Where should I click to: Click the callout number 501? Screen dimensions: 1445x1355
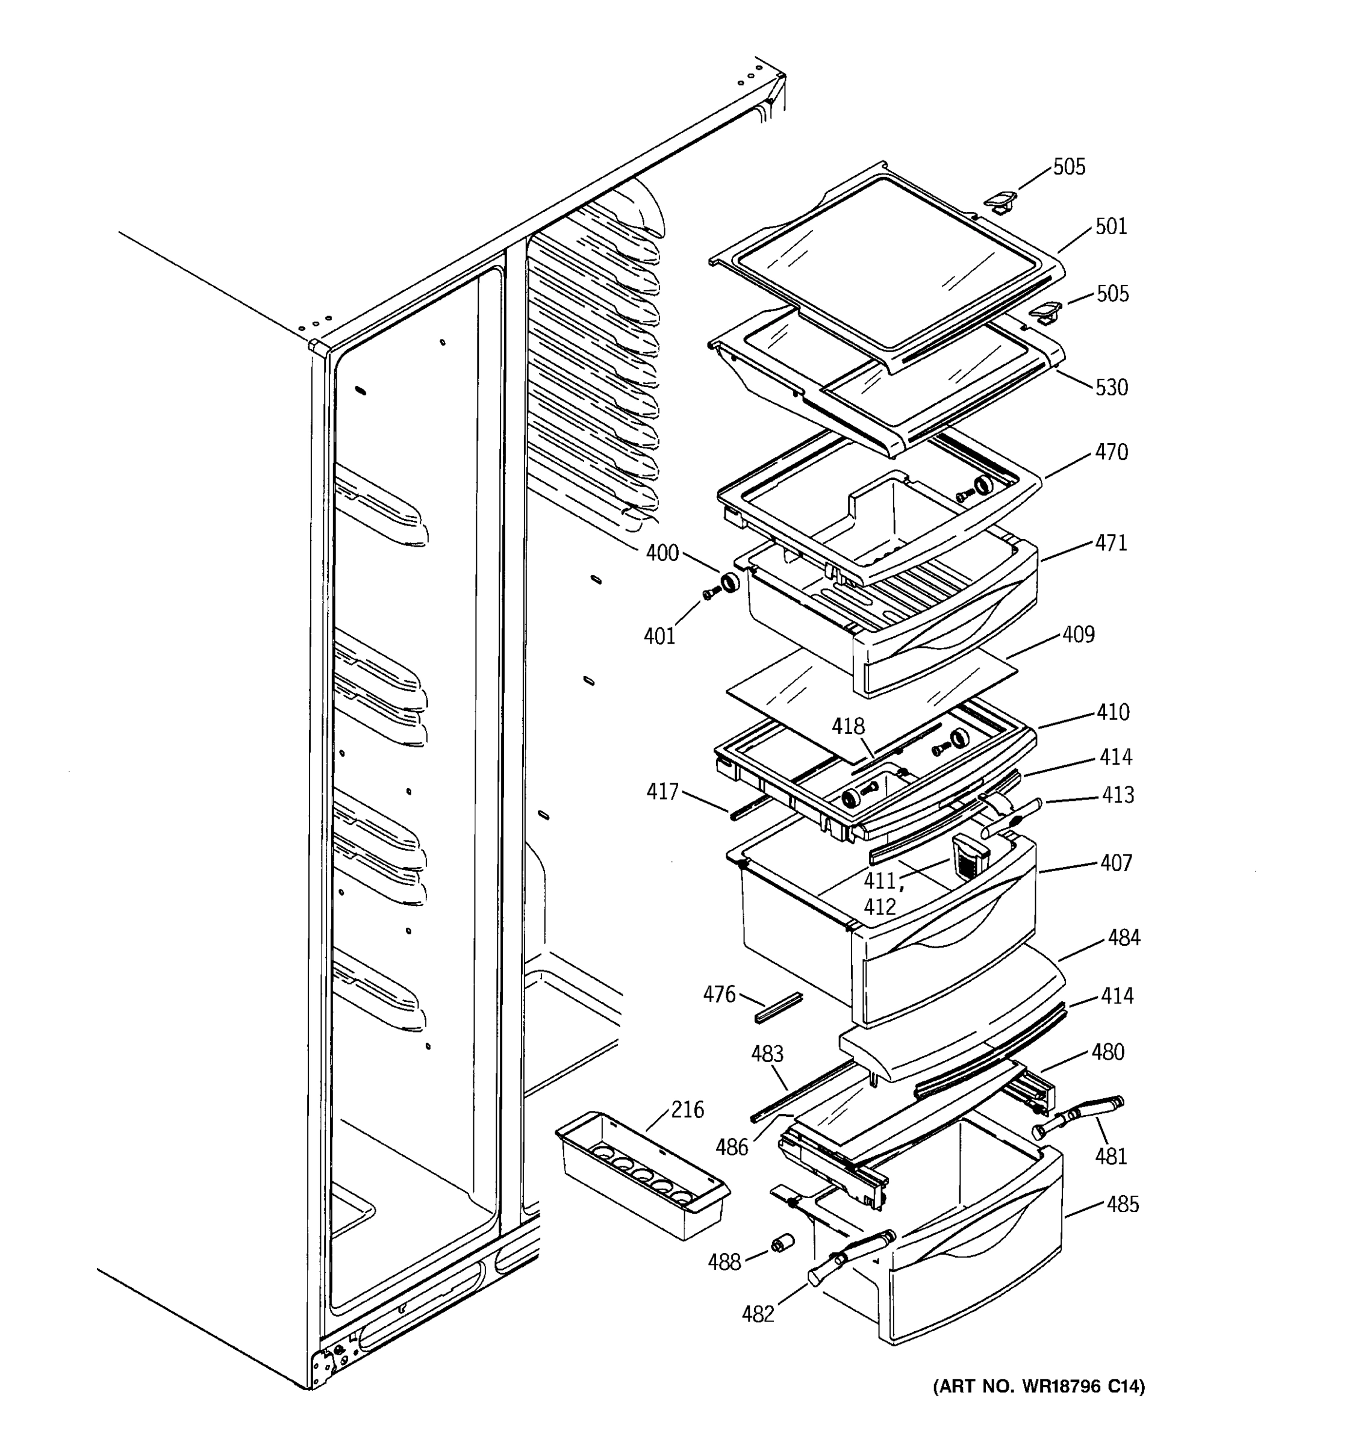tap(1110, 227)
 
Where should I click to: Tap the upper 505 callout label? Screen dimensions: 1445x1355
tap(1070, 167)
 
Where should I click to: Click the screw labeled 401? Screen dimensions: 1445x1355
tap(709, 594)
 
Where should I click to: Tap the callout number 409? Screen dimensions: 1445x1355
tap(1078, 635)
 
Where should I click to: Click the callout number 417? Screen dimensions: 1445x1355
tap(662, 792)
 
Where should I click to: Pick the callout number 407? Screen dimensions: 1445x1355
tap(1116, 863)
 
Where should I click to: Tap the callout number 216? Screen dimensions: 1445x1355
tap(687, 1110)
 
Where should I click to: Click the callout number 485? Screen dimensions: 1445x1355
tap(1123, 1204)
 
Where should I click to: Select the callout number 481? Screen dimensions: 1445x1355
tap(1110, 1156)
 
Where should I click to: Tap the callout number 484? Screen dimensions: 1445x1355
tap(1124, 937)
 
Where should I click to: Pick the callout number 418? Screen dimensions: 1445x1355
tap(849, 726)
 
